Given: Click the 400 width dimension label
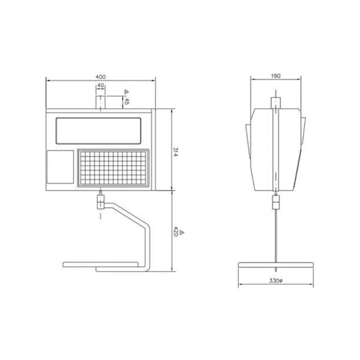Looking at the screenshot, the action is click(x=100, y=77).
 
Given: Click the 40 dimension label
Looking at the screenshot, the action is click(x=100, y=85).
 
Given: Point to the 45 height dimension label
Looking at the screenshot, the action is click(x=126, y=101).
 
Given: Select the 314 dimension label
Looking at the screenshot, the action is click(x=175, y=152).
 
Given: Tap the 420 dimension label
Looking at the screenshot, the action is click(x=176, y=231).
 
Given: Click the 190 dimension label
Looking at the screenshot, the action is click(x=276, y=76).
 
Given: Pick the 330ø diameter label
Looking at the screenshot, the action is click(x=276, y=280).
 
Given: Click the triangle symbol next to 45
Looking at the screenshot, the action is click(x=126, y=92).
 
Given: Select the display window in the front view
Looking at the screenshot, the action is click(x=98, y=131).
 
